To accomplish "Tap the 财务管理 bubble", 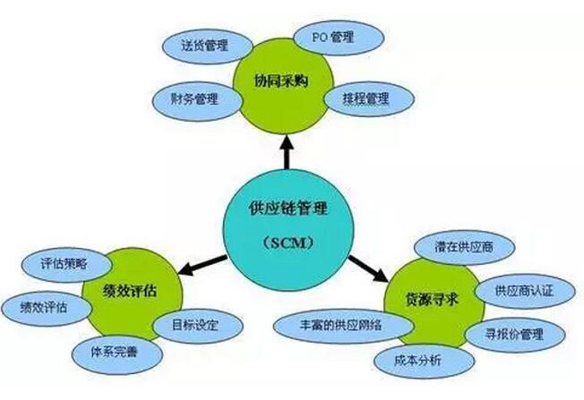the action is point(197,99).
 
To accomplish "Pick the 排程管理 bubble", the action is point(369,99).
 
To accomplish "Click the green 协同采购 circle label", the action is point(281,81).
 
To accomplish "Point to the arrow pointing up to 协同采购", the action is point(287,152).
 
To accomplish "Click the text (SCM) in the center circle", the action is point(288,243).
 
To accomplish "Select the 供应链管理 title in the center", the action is point(288,208).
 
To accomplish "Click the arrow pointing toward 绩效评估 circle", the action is point(203,265).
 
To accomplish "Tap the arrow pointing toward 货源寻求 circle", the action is point(368,268).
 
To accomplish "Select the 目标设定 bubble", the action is point(198,325).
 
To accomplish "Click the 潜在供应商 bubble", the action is point(464,247).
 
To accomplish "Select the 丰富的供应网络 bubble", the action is point(343,326).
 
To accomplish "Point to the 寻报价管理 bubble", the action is point(515,334).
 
